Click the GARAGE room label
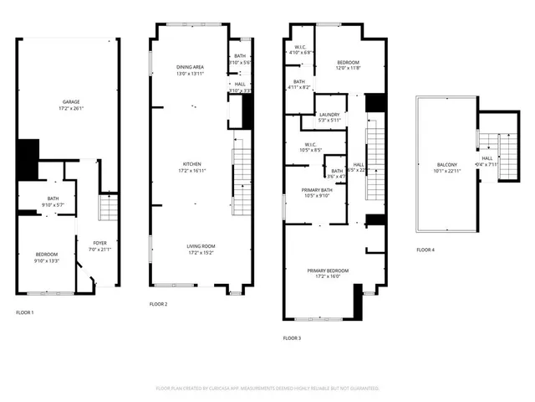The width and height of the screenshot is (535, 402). pyautogui.click(x=69, y=102)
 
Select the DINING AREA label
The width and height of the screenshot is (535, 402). pyautogui.click(x=190, y=67)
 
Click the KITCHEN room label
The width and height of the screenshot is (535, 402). pyautogui.click(x=192, y=164)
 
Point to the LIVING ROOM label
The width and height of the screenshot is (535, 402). pyautogui.click(x=201, y=245)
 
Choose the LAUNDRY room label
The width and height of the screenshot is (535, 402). pyautogui.click(x=329, y=115)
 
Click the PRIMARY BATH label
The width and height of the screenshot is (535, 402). pyautogui.click(x=317, y=190)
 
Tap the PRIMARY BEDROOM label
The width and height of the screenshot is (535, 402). pyautogui.click(x=328, y=271)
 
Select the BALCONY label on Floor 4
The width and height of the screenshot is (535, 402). pyautogui.click(x=447, y=164)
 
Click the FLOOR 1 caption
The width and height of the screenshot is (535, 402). pyautogui.click(x=25, y=312)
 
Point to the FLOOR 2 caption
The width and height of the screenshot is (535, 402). pyautogui.click(x=159, y=304)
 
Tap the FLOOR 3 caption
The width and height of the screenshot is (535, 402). pyautogui.click(x=292, y=338)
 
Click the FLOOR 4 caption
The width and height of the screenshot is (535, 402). pyautogui.click(x=425, y=250)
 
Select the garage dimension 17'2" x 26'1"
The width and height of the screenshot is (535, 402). pyautogui.click(x=69, y=109)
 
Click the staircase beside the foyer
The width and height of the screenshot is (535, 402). pyautogui.click(x=109, y=208)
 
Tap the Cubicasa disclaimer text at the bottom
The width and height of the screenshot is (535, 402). pyautogui.click(x=267, y=389)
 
